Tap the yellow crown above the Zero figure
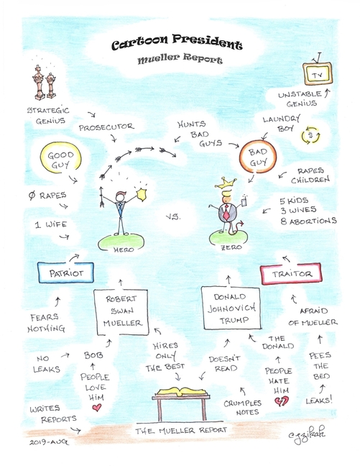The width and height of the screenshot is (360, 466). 226,183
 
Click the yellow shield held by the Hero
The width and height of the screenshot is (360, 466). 142,193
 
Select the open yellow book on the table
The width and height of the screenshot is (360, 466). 181,392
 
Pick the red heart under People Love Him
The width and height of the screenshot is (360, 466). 97,408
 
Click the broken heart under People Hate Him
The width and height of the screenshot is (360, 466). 281,401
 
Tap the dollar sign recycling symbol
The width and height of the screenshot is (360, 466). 311,135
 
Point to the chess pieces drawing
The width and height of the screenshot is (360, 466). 45,82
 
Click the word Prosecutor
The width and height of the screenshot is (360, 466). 106,127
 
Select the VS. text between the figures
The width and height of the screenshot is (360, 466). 173,216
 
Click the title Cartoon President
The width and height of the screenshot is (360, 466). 177,43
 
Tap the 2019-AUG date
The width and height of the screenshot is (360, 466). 49,442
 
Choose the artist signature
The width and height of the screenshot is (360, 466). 307,434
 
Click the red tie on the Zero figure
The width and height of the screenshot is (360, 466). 226,212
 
